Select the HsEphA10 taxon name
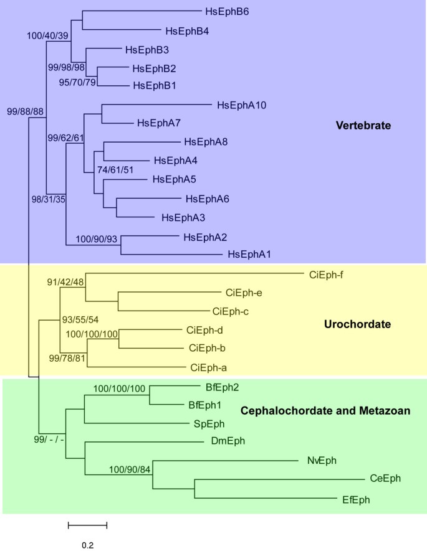pyautogui.click(x=241, y=105)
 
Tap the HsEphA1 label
pyautogui.click(x=249, y=254)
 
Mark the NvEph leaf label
pyautogui.click(x=321, y=461)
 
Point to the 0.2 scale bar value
pyautogui.click(x=87, y=545)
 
